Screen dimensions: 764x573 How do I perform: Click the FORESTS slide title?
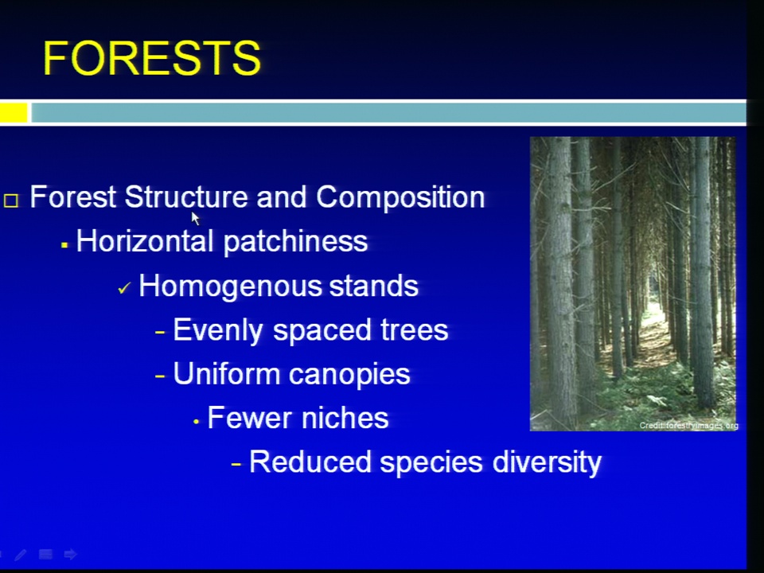[152, 58]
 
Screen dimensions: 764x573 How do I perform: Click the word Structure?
[185, 197]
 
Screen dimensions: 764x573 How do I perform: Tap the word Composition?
[400, 198]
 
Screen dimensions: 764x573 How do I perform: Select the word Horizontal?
[145, 240]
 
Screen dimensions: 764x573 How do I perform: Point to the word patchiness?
[295, 242]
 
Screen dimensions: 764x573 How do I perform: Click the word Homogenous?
[230, 286]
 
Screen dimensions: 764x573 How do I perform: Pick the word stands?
[374, 286]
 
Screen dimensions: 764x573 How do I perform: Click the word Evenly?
[218, 330]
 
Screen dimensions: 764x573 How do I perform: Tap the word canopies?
[349, 375]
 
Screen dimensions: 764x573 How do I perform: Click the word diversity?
[547, 462]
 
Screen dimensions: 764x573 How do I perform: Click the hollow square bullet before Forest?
[11, 201]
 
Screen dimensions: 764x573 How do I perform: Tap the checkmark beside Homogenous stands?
[124, 288]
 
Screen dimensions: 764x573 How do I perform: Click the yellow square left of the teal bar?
[14, 112]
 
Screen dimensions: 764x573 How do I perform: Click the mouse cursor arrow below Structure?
[195, 218]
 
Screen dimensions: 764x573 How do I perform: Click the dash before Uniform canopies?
[160, 376]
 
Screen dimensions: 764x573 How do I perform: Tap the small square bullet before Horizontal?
[64, 245]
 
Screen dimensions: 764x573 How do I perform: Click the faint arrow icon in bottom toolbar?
[71, 554]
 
